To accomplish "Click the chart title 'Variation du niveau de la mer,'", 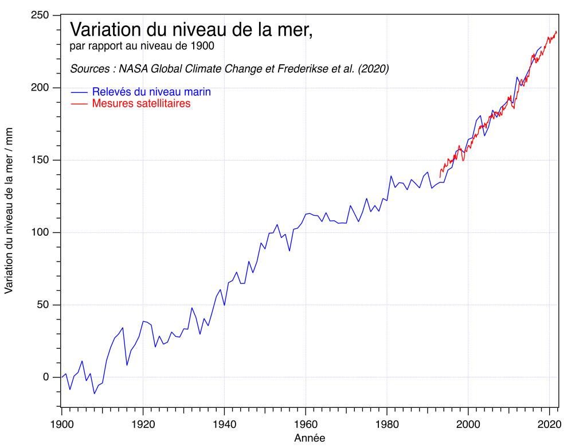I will [191, 29].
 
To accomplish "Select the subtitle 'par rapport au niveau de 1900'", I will [142, 46].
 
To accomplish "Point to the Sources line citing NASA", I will [229, 69].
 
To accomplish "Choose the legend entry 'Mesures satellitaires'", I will [141, 103].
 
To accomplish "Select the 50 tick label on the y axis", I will [44, 305].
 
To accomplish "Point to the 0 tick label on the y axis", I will [47, 377].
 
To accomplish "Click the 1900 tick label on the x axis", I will [61, 426].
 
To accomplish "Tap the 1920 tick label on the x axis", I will [143, 426].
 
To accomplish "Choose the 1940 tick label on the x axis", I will [224, 426].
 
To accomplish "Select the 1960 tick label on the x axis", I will [306, 426].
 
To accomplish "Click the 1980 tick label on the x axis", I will [387, 426].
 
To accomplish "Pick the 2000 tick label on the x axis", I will [468, 426].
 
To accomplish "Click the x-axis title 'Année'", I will [310, 439].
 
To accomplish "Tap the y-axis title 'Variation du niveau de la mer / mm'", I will [9, 211].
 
